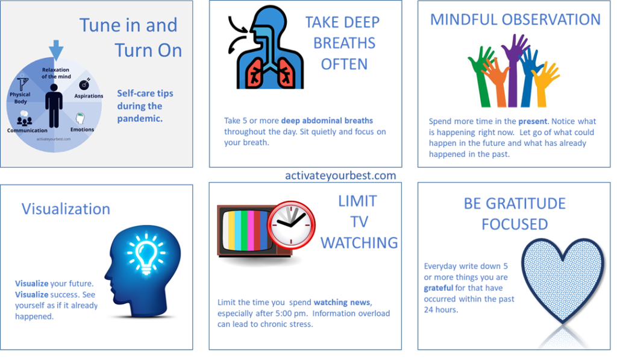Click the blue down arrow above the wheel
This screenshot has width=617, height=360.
(x=56, y=49)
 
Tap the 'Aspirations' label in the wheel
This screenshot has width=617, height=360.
(x=89, y=96)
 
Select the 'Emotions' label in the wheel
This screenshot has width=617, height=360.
(x=82, y=129)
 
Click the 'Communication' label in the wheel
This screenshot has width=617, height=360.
(x=27, y=130)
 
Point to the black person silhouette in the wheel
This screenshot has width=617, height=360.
(x=54, y=106)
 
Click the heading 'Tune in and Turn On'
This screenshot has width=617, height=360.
(x=131, y=37)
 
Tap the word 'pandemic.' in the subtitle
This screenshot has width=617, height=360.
(x=140, y=119)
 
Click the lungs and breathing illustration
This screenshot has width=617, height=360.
(x=266, y=47)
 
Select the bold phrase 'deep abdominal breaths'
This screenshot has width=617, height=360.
(x=327, y=121)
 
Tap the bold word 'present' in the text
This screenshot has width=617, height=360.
(x=533, y=121)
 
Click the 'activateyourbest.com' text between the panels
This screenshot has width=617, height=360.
(x=340, y=175)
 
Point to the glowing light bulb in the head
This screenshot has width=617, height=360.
(x=146, y=253)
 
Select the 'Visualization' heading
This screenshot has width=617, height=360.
(x=66, y=209)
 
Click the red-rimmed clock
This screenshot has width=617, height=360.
(x=291, y=225)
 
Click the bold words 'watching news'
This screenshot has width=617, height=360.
(x=342, y=303)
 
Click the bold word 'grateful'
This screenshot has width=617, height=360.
(x=439, y=288)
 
